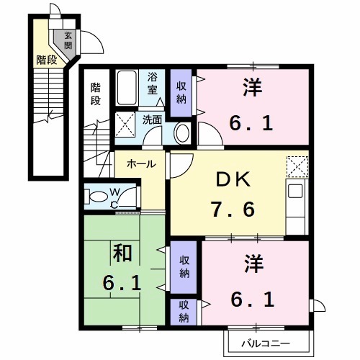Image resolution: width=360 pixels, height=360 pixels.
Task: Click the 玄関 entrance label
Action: point(68,40)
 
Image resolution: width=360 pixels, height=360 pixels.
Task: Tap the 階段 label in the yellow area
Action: point(46,60)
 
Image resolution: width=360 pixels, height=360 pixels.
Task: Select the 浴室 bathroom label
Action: point(153,84)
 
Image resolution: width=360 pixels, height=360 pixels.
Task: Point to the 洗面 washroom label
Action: point(151,120)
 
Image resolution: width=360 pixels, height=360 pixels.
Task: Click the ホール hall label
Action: point(140,164)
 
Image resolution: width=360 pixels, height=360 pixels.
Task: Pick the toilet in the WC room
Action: point(97,196)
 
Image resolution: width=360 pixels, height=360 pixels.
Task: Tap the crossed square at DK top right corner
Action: point(297,166)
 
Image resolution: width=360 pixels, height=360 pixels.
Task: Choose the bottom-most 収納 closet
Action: point(184,311)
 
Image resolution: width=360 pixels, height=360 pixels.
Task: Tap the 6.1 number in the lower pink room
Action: point(251,297)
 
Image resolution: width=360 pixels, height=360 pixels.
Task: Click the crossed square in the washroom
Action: point(127,123)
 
